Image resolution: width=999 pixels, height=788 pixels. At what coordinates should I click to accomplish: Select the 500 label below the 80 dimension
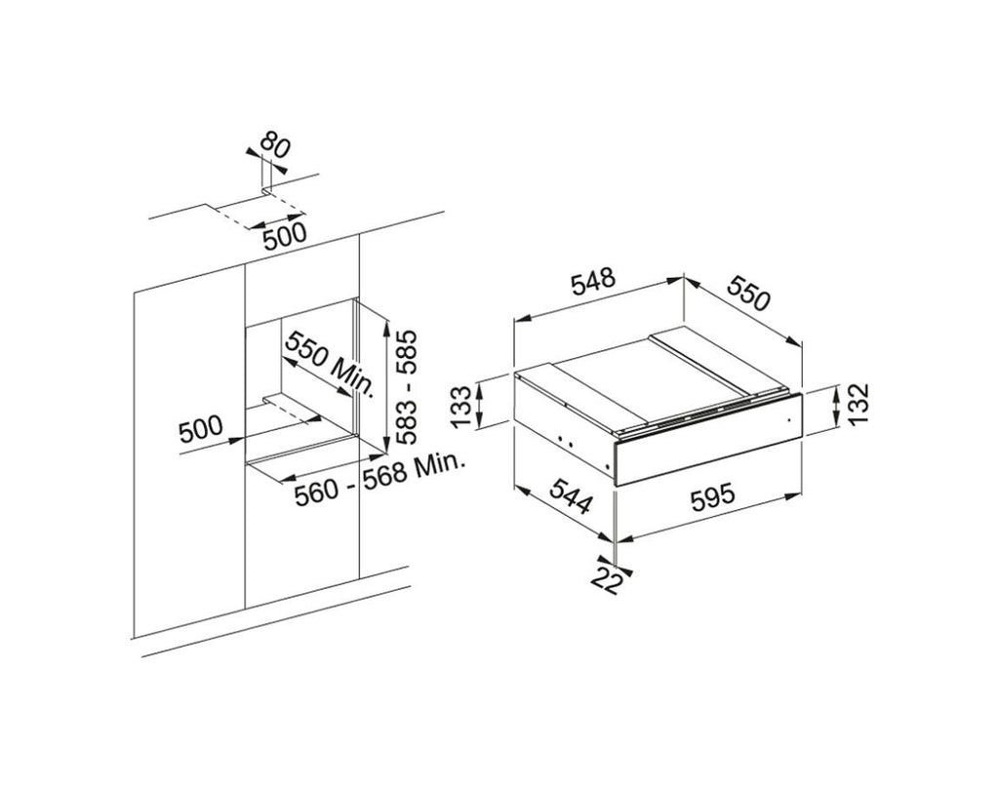click(x=285, y=237)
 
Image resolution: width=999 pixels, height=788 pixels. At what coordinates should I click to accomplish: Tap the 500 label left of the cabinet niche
click(x=201, y=429)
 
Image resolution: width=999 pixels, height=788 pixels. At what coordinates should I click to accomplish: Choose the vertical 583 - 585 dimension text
click(x=405, y=386)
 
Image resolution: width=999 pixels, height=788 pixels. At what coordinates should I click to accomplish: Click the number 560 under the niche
click(x=317, y=492)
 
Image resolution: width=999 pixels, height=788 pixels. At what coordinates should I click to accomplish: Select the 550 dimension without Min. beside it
click(x=749, y=293)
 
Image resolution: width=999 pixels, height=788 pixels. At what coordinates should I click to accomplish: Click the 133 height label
click(x=461, y=407)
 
